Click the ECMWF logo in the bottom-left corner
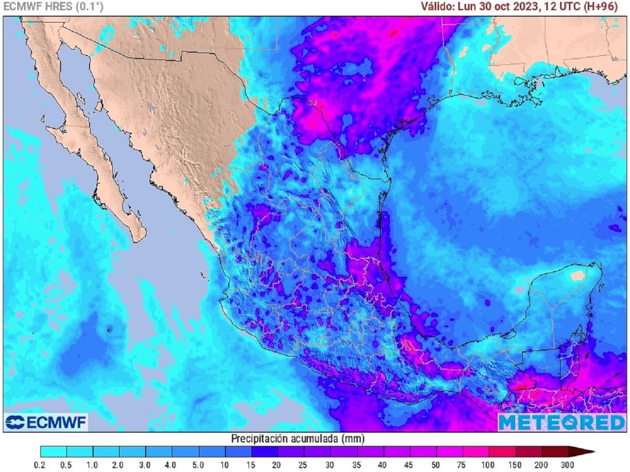[46, 422]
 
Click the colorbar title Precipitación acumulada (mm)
[298, 439]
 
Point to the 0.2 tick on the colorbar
[41, 464]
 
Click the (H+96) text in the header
[607, 7]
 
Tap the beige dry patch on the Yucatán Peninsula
[576, 276]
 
